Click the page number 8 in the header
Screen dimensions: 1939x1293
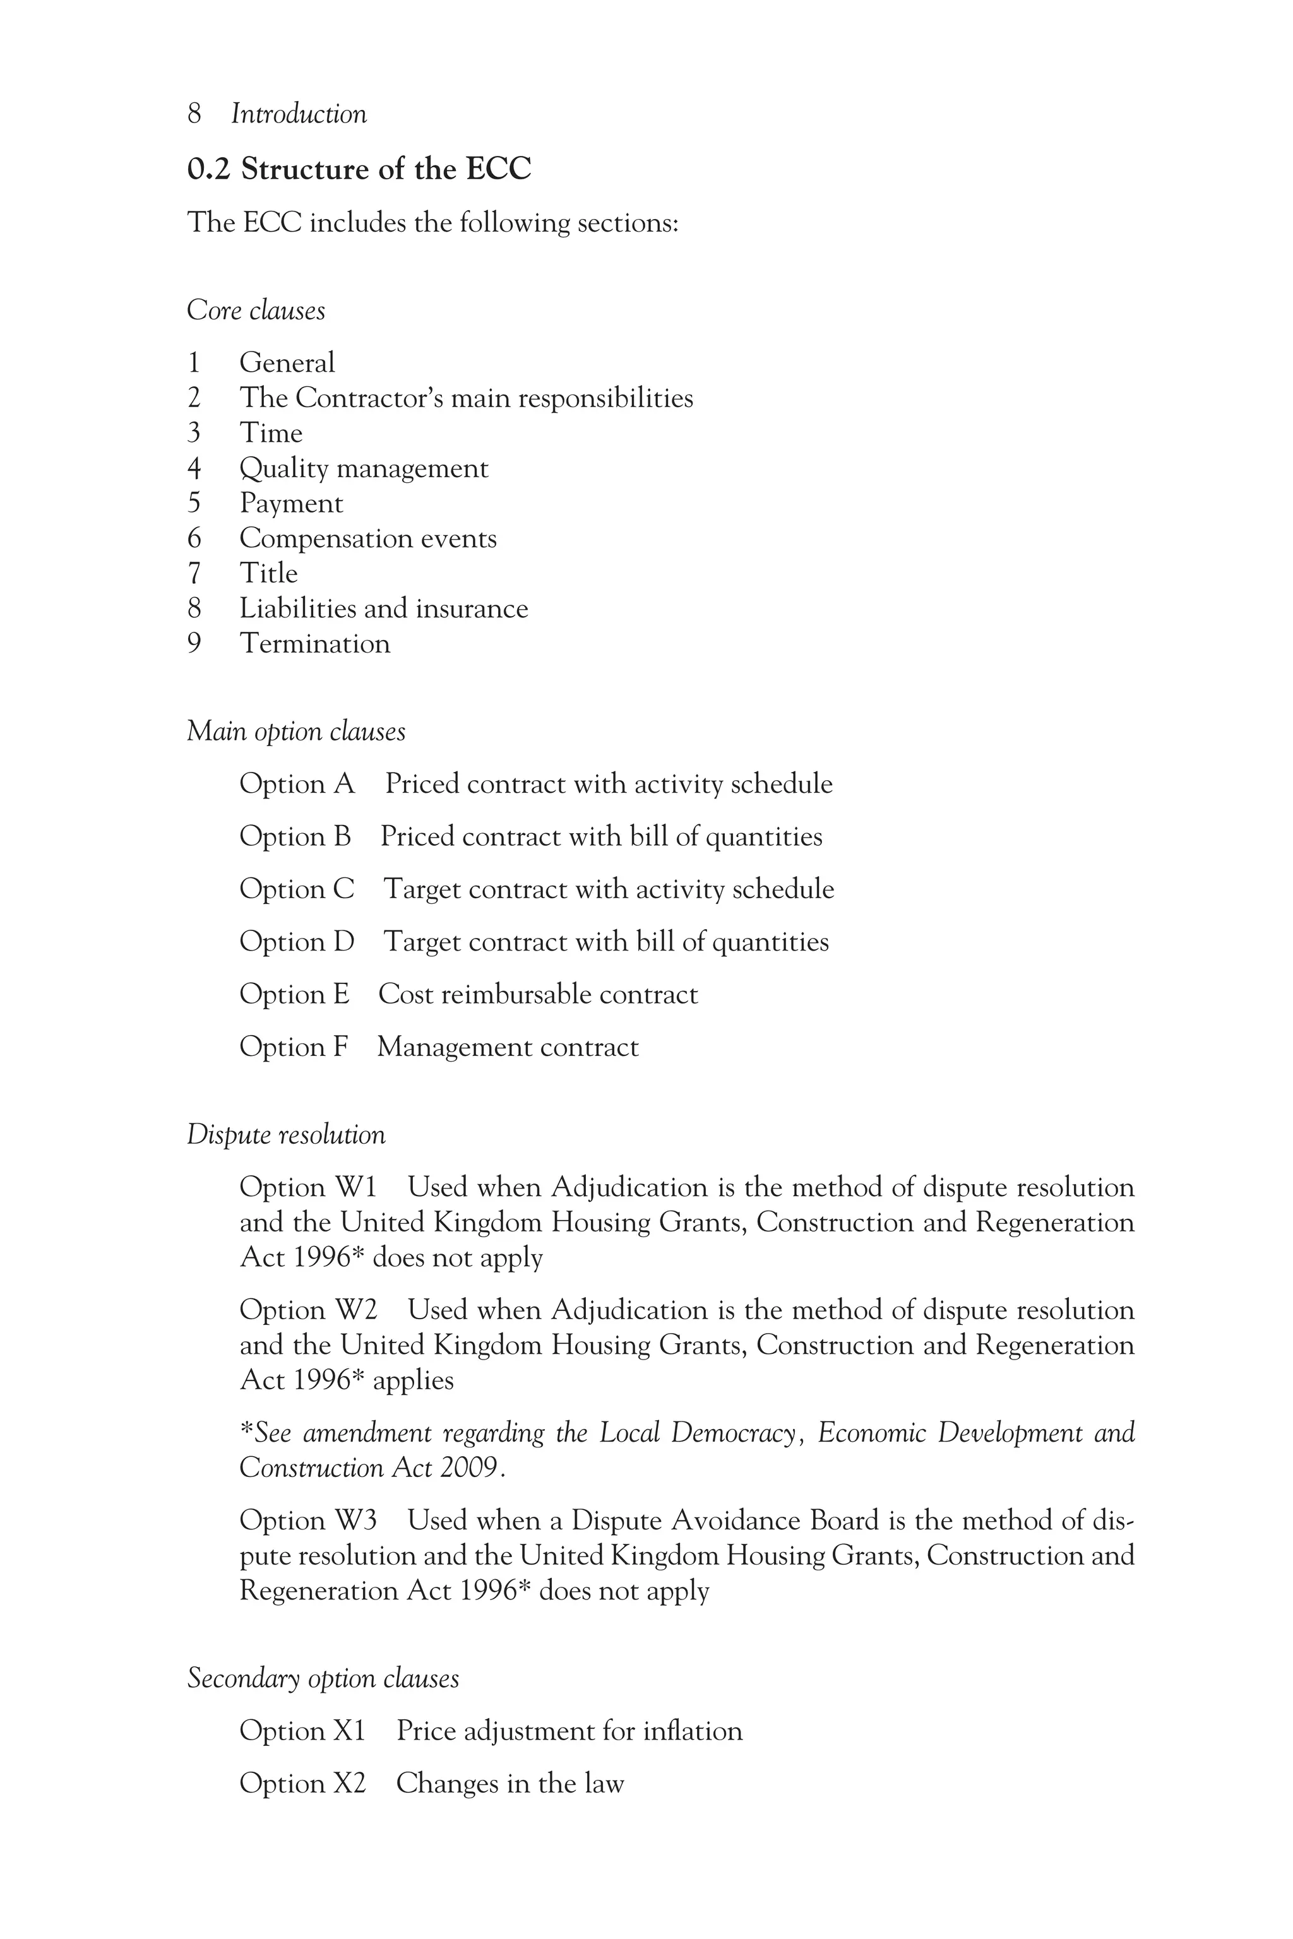click(x=194, y=114)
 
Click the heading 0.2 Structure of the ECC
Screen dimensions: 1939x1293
click(x=359, y=169)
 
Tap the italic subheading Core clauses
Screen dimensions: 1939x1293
click(x=256, y=311)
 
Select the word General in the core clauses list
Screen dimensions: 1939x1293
click(x=287, y=363)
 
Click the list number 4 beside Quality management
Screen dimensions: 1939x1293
click(x=194, y=468)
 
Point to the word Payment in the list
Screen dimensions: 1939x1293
click(x=291, y=503)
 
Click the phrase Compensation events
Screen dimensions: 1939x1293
click(x=368, y=538)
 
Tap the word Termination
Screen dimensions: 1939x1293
click(x=314, y=643)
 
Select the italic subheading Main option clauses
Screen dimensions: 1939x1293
click(x=296, y=732)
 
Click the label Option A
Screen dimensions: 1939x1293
click(x=297, y=783)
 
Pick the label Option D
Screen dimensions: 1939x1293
click(x=297, y=942)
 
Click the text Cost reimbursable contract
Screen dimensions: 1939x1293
click(x=538, y=994)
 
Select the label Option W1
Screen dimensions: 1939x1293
click(x=307, y=1187)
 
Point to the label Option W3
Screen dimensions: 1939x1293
click(x=307, y=1520)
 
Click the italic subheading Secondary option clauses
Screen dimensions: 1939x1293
click(x=323, y=1678)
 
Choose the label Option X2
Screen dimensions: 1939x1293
click(x=302, y=1783)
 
